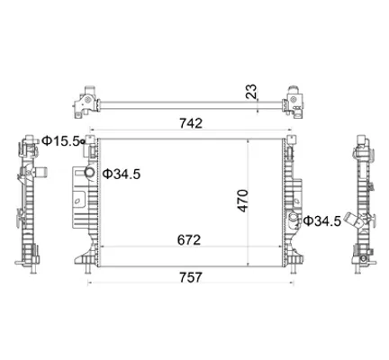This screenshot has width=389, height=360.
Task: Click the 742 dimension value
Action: [191, 123]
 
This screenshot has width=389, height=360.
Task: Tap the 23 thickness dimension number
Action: [251, 92]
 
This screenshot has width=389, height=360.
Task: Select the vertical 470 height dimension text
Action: [243, 201]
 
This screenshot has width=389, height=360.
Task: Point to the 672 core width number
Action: [189, 240]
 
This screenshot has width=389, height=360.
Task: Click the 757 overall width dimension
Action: [191, 277]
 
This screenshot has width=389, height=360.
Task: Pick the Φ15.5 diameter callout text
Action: [61, 140]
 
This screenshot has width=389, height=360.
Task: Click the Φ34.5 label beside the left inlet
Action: [122, 174]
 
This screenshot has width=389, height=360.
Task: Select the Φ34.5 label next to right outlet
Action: [322, 221]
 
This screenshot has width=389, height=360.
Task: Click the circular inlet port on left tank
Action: [89, 172]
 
